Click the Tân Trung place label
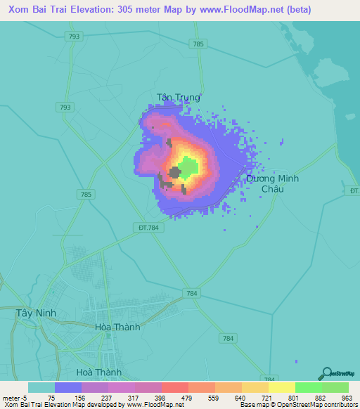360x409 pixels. (x=178, y=98)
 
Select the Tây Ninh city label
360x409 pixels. (x=35, y=313)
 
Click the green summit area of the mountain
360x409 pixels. (x=188, y=167)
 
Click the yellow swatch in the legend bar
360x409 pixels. (x=281, y=387)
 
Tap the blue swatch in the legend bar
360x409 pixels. (x=68, y=387)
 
